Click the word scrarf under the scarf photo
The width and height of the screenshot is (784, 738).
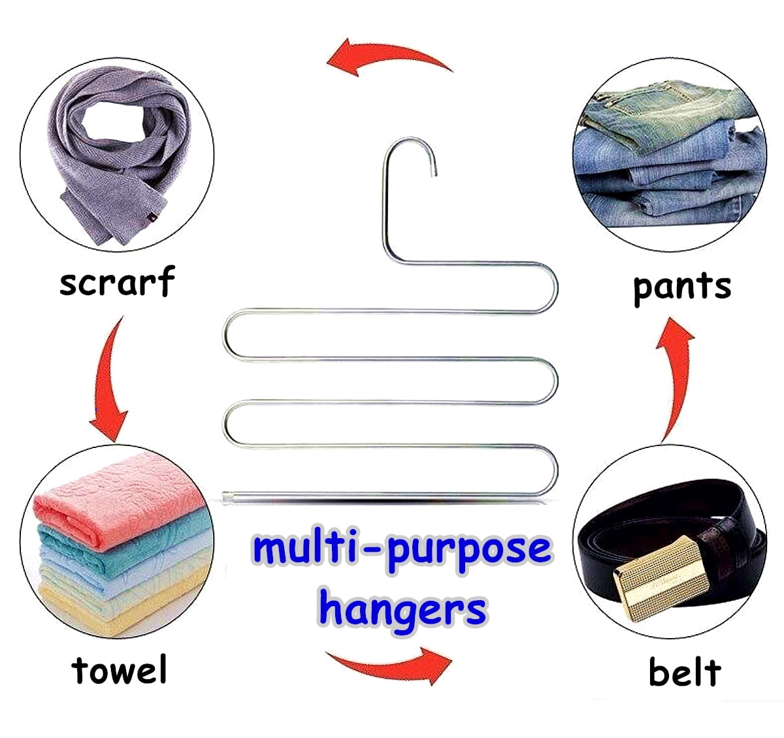pyautogui.click(x=117, y=282)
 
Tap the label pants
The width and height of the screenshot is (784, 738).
pyautogui.click(x=681, y=287)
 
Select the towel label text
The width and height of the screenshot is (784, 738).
pyautogui.click(x=120, y=670)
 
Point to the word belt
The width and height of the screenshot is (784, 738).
pyautogui.click(x=684, y=672)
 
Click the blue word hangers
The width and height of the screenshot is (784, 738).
pyautogui.click(x=402, y=609)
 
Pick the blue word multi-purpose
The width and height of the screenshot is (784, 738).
pyautogui.click(x=402, y=550)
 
